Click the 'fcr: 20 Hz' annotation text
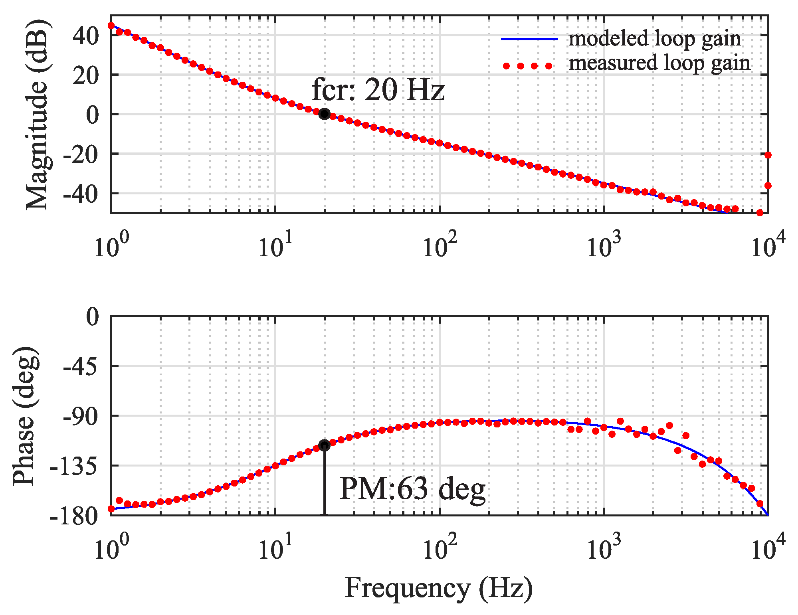378,90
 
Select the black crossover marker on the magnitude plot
325,114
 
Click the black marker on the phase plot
324,445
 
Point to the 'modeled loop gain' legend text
654,39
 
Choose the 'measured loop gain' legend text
659,63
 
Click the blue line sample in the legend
529,39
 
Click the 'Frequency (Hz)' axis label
438,588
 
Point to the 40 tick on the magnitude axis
85,36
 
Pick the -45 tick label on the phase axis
81,366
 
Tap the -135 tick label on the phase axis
74,466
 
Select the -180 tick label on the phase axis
74,516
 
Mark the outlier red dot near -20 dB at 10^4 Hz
768,155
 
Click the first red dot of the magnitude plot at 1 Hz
111,26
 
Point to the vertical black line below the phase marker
324,483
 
